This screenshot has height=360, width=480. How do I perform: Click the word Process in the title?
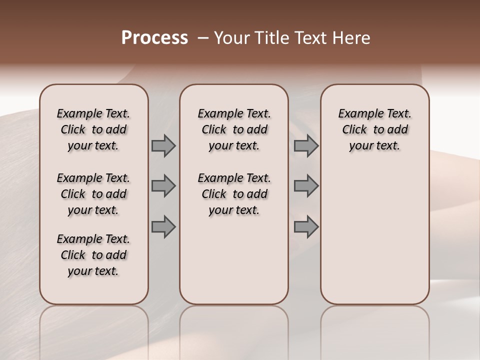[154, 38]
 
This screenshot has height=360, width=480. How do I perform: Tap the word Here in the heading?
[352, 38]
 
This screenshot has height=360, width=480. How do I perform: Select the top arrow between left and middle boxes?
[163, 146]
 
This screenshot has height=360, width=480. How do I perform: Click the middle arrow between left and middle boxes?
[163, 186]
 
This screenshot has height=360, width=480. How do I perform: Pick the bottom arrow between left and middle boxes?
[163, 226]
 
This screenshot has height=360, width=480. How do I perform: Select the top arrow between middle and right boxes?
[306, 146]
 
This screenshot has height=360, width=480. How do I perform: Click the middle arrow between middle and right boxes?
[306, 186]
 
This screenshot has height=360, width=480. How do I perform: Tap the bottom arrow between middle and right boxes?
[306, 226]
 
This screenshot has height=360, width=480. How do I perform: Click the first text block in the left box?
[93, 129]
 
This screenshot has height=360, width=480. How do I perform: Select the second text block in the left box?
[93, 194]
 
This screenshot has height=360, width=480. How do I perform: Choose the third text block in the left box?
[93, 255]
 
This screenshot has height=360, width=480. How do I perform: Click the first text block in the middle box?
[234, 129]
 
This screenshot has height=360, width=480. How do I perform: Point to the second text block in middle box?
[234, 194]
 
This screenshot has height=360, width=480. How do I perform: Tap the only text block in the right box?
[374, 129]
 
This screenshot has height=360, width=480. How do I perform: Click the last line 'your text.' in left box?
[93, 271]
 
